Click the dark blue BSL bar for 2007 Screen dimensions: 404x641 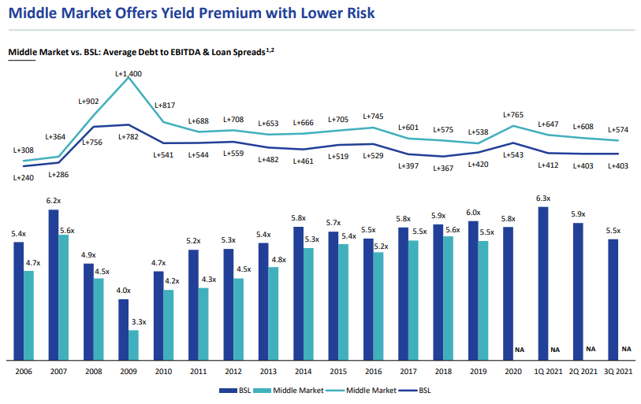coord(53,284)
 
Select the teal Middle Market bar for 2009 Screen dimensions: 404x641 coord(133,344)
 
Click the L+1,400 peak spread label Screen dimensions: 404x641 coord(129,74)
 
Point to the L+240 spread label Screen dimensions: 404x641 coord(24,178)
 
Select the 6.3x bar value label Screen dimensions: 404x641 coord(542,198)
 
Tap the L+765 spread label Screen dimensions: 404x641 coord(513,115)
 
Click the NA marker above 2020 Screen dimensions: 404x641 coord(519,349)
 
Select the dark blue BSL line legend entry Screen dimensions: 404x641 coord(408,389)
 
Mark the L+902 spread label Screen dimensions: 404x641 coord(88,101)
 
